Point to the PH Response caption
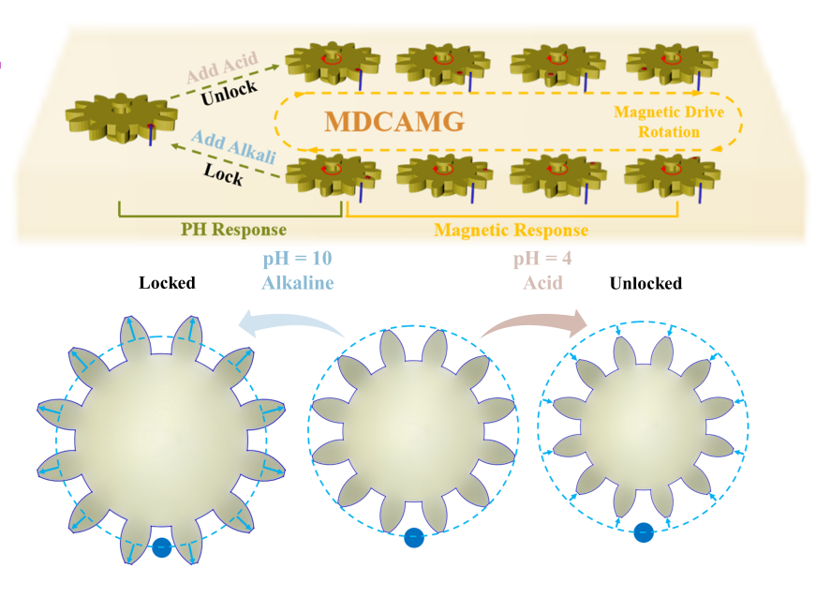pos(232,230)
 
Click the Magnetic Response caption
pos(511,230)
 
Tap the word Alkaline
pos(298,281)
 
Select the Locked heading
pos(167,282)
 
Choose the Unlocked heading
pos(645,282)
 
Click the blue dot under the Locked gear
pos(162,547)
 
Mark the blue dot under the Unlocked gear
pos(643,532)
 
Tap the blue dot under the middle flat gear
pos(413,538)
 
